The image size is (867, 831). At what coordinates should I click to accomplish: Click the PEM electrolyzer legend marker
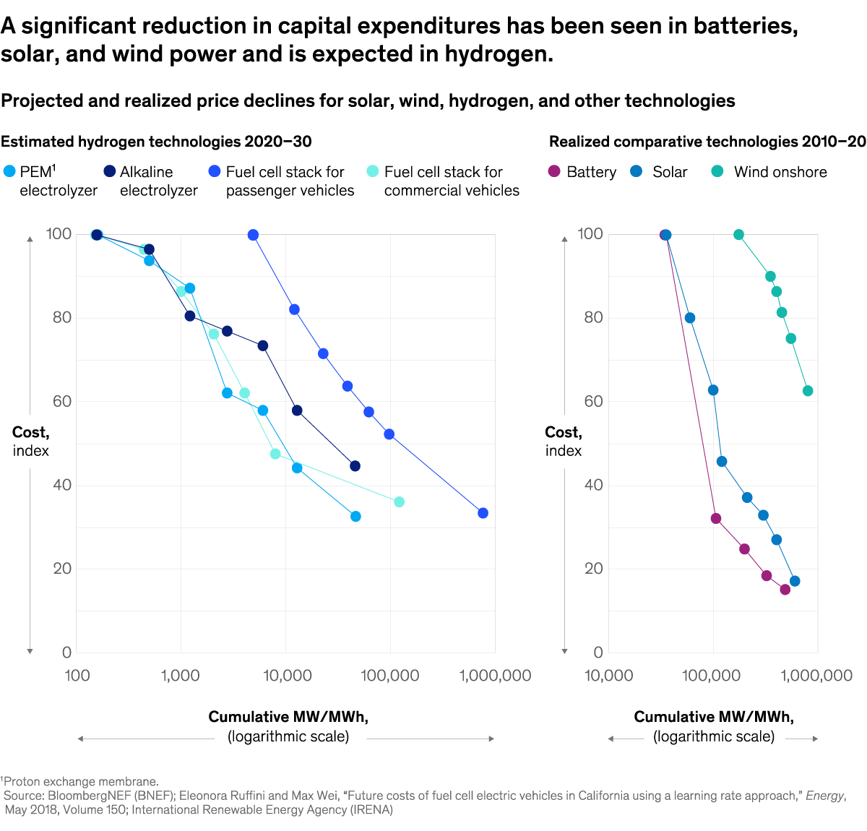click(x=9, y=172)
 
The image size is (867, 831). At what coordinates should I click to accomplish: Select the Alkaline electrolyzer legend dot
click(x=110, y=172)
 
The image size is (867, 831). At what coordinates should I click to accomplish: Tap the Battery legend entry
click(x=554, y=172)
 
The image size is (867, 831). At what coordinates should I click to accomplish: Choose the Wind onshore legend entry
click(x=717, y=172)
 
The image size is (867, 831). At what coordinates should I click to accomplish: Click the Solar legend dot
click(x=637, y=172)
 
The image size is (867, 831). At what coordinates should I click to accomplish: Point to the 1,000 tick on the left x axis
click(x=181, y=676)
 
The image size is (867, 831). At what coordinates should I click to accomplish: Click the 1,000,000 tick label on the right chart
click(x=816, y=676)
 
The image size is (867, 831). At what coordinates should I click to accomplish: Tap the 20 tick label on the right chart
click(x=593, y=569)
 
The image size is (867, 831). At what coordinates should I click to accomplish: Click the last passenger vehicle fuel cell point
click(x=483, y=513)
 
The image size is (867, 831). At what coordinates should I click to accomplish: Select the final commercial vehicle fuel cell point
click(x=399, y=501)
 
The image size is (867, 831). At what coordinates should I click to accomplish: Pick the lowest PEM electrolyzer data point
click(x=355, y=516)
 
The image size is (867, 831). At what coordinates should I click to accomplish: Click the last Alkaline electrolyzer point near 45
click(x=355, y=466)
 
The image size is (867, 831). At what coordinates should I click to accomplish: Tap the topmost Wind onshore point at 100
click(x=738, y=235)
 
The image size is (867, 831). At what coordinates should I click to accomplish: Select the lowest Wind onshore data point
click(x=808, y=391)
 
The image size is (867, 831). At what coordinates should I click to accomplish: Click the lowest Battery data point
click(x=785, y=590)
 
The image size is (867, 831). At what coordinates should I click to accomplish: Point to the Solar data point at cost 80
click(x=690, y=318)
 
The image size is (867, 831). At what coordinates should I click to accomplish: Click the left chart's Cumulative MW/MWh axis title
click(x=288, y=717)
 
